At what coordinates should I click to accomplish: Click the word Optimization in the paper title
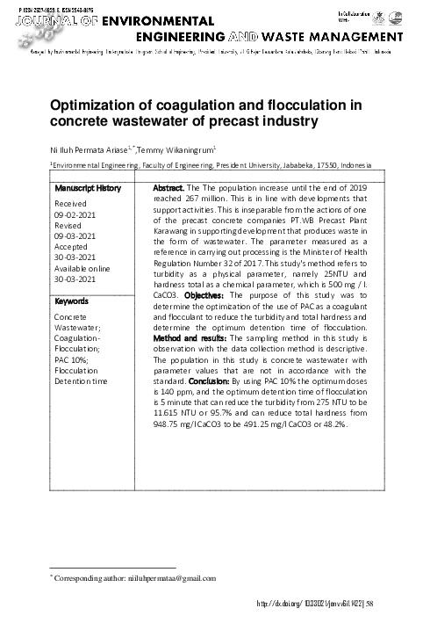96,105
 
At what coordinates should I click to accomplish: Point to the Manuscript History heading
88,189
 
